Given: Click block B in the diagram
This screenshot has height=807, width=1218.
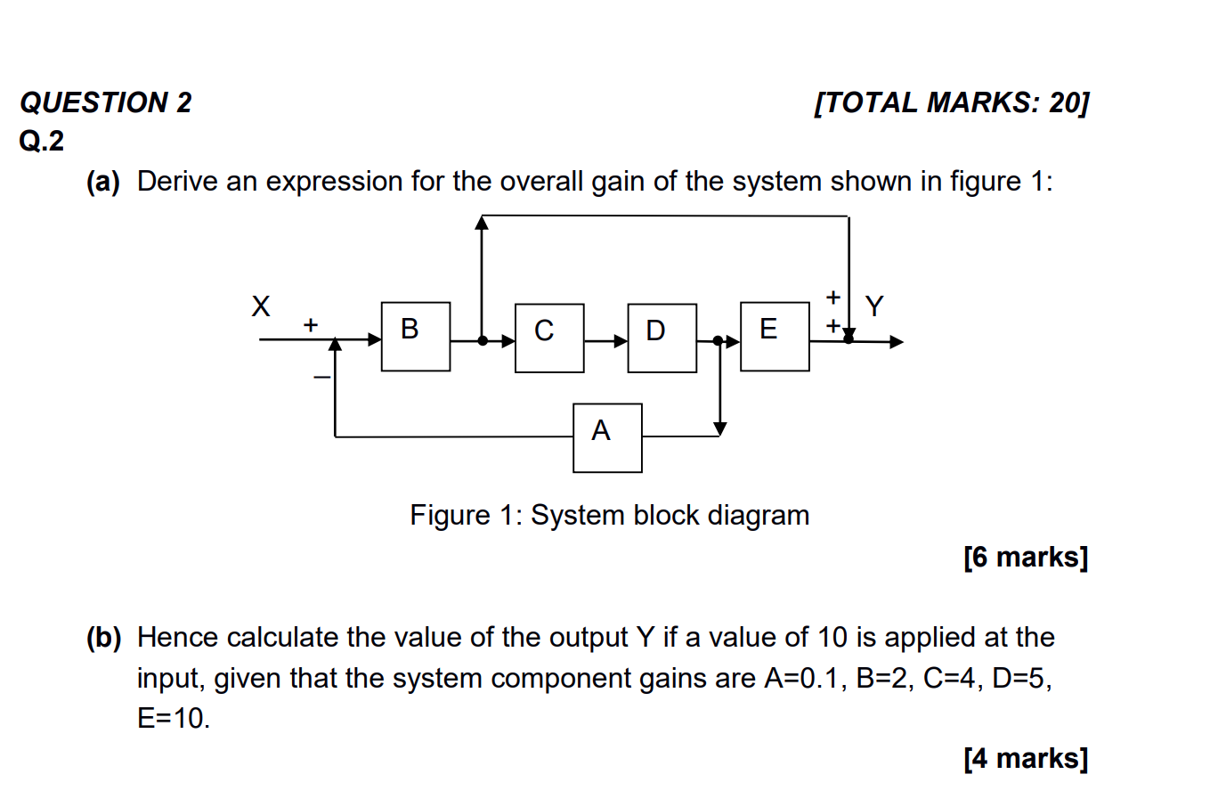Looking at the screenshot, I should click(x=415, y=336).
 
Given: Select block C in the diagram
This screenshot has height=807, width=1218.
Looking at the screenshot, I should click(x=548, y=338).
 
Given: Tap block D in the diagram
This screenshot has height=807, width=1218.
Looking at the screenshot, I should click(x=662, y=338).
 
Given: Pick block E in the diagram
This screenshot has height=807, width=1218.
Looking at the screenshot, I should click(x=775, y=336).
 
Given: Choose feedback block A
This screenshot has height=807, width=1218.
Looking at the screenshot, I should click(x=607, y=437).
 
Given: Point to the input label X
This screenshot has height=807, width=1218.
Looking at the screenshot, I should click(x=260, y=306).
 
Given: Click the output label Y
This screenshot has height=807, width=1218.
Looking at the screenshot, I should click(x=874, y=306).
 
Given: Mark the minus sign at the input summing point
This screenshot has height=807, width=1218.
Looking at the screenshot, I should click(x=321, y=378).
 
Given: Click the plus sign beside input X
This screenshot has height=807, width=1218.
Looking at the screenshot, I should click(x=310, y=325).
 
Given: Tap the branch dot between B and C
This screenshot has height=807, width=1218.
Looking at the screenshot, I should click(x=482, y=340).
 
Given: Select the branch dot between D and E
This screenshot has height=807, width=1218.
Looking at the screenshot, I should click(x=719, y=340).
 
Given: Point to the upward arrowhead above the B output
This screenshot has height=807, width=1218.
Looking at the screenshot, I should click(x=482, y=223).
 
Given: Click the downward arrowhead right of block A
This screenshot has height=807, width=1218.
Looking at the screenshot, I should click(x=719, y=428).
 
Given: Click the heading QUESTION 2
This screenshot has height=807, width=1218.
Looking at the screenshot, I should click(x=106, y=102).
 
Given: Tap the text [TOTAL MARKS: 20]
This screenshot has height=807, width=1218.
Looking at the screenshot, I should click(x=951, y=102).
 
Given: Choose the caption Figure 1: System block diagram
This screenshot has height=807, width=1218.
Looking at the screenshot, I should click(x=609, y=515).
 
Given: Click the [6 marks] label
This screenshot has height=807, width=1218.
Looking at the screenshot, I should click(x=1025, y=557).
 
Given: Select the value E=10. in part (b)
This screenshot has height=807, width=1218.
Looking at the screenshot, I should click(x=174, y=718).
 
